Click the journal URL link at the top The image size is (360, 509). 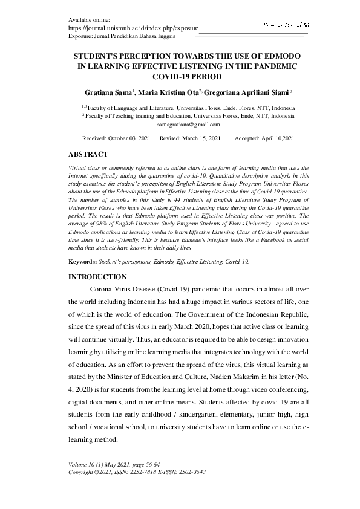pyautogui.click(x=133, y=28)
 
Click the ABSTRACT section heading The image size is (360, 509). pyautogui.click(x=88, y=154)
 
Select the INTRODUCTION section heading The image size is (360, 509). pyautogui.click(x=97, y=277)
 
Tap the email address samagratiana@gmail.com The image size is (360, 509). pyautogui.click(x=188, y=124)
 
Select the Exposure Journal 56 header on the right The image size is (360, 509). pyautogui.click(x=286, y=25)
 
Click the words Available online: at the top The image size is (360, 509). pyautogui.click(x=90, y=20)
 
